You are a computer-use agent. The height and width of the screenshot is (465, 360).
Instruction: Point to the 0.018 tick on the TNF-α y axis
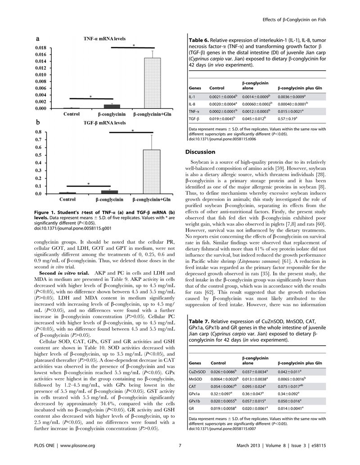[x=40, y=47]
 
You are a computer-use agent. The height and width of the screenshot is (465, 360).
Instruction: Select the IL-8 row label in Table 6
[x=193, y=104]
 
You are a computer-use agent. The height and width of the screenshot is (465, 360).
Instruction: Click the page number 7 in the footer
[x=180, y=446]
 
